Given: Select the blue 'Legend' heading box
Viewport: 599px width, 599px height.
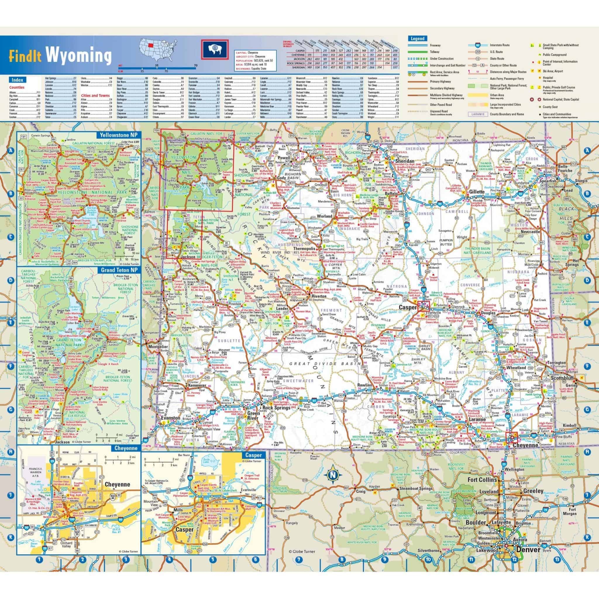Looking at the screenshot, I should coord(418,39).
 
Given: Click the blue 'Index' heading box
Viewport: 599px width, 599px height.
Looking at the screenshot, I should coord(17,80).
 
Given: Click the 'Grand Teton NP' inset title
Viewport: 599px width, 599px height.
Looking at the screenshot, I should coord(119,270).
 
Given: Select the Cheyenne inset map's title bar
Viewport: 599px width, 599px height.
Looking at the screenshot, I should coord(126,448).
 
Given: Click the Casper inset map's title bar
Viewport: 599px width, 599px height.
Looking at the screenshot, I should coord(254,455).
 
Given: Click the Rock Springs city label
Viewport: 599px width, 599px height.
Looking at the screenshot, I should coord(276,408).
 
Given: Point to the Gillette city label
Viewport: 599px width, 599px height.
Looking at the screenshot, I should coord(476,192).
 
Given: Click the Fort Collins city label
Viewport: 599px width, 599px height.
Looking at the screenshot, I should coord(482,480).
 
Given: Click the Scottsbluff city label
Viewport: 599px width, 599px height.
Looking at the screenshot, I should coord(557,378).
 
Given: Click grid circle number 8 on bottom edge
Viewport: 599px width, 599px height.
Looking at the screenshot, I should coord(342,560).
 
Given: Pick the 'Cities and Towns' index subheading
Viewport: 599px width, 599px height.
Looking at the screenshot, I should coord(95,95).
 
